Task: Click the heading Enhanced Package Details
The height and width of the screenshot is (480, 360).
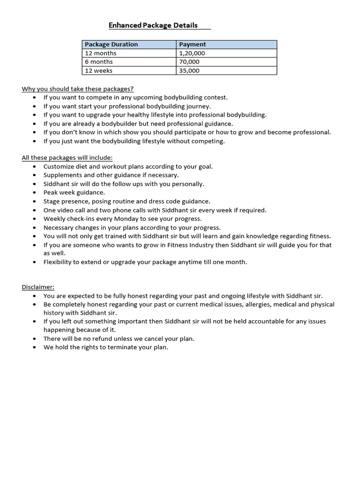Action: point(153,25)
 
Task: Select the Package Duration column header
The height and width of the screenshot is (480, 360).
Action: point(111,45)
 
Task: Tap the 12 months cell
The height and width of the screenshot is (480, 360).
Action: point(100,53)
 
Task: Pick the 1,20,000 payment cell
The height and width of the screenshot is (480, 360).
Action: point(192,53)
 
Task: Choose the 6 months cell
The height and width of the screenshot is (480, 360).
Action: point(98,62)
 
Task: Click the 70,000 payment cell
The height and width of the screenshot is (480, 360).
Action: point(189,62)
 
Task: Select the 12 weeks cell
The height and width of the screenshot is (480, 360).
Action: point(98,71)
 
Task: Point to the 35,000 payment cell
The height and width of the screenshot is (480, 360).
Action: point(189,71)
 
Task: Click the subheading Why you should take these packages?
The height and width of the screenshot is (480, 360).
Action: point(78,89)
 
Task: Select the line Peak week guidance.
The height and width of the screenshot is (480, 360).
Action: point(74,193)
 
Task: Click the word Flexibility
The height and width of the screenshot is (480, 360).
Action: point(59,262)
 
